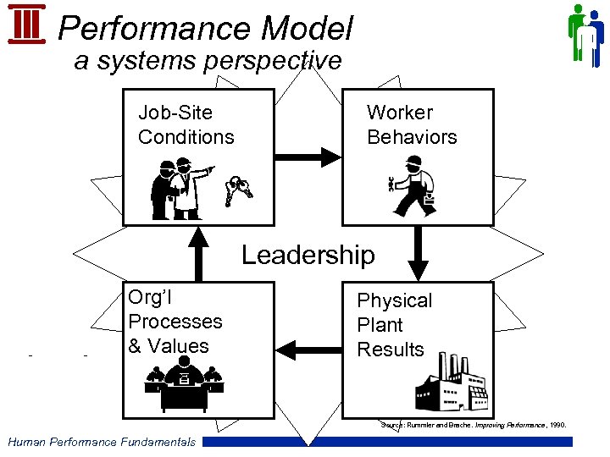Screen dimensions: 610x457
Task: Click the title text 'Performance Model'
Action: [204, 29]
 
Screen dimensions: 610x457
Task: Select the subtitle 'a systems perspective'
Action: [208, 61]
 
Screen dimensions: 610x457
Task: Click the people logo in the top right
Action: [585, 35]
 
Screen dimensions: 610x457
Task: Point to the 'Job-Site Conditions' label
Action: [186, 124]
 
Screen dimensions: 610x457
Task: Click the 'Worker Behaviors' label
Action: [412, 124]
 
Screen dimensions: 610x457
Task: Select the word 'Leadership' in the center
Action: [308, 255]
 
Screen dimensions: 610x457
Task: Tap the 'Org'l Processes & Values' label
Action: [175, 321]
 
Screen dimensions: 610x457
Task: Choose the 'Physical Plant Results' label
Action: [394, 325]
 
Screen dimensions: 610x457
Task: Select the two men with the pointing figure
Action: [179, 189]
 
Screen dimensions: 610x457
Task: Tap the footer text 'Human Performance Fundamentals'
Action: [101, 441]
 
